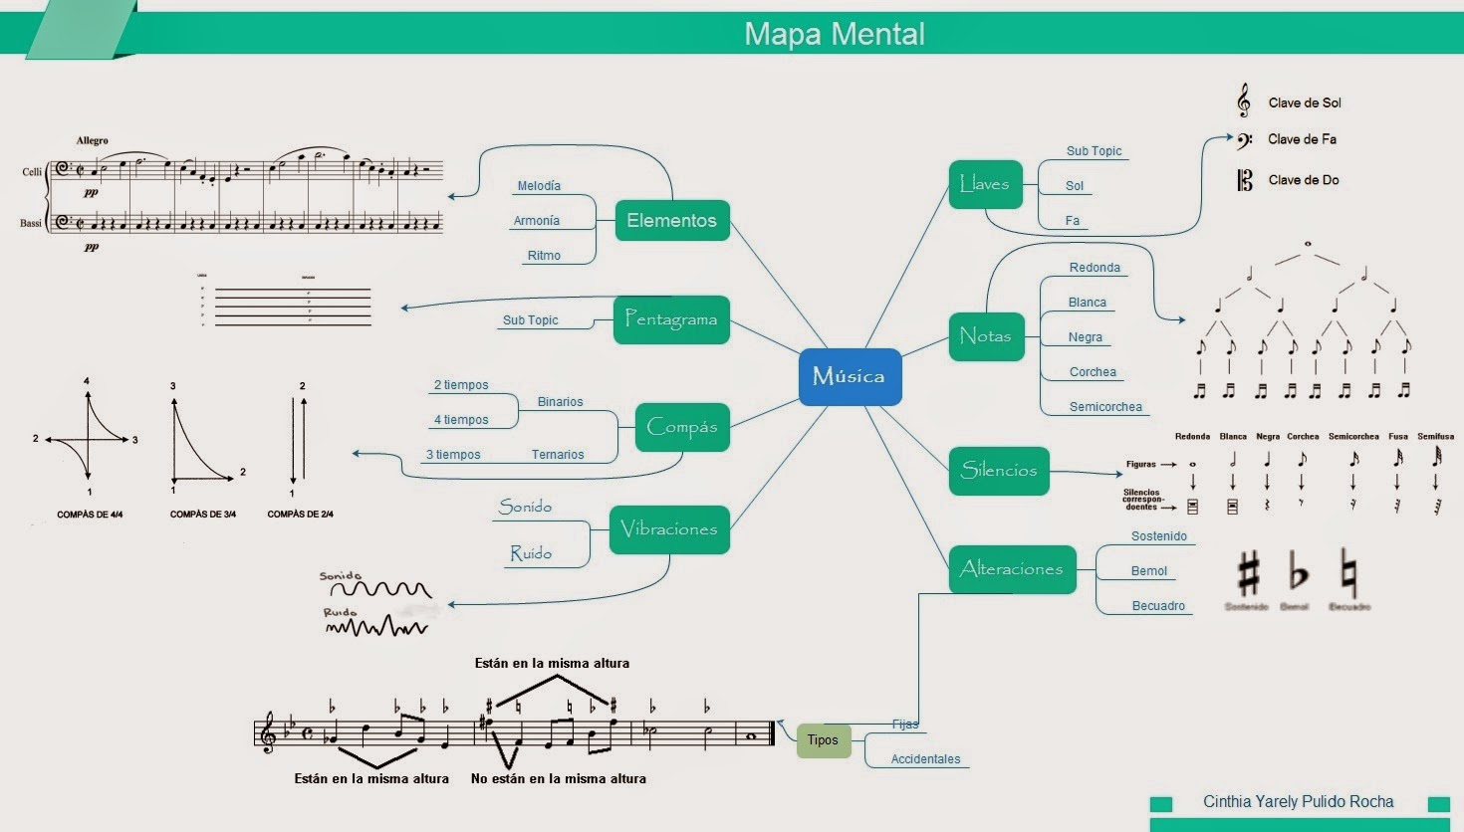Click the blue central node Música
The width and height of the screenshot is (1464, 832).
[x=850, y=376]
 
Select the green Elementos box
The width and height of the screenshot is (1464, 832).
[x=672, y=220]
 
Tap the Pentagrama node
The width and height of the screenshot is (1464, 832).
[x=671, y=319]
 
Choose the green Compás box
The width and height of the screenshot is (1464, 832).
[x=682, y=427]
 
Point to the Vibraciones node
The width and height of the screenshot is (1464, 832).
[x=669, y=528]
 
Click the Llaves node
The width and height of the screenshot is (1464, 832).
[x=985, y=184]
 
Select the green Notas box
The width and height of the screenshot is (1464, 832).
[x=986, y=335]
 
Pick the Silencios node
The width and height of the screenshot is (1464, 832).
[x=999, y=471]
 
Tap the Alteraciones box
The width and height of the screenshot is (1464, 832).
[x=1012, y=569]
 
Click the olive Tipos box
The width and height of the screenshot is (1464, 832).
[x=823, y=740]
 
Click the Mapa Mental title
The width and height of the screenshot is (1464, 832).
[x=835, y=34]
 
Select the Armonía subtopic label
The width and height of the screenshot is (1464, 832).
[x=537, y=221]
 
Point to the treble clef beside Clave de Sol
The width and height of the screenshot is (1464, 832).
[x=1244, y=102]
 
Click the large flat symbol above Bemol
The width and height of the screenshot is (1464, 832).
[x=1297, y=573]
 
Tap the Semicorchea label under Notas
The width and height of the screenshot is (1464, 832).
[x=1105, y=407]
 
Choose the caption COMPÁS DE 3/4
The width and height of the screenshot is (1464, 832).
[x=203, y=515]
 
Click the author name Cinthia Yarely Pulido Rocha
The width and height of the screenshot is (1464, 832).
[x=1298, y=802]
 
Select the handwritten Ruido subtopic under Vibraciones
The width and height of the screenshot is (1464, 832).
[x=531, y=553]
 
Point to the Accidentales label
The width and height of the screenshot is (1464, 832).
[x=925, y=759]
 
